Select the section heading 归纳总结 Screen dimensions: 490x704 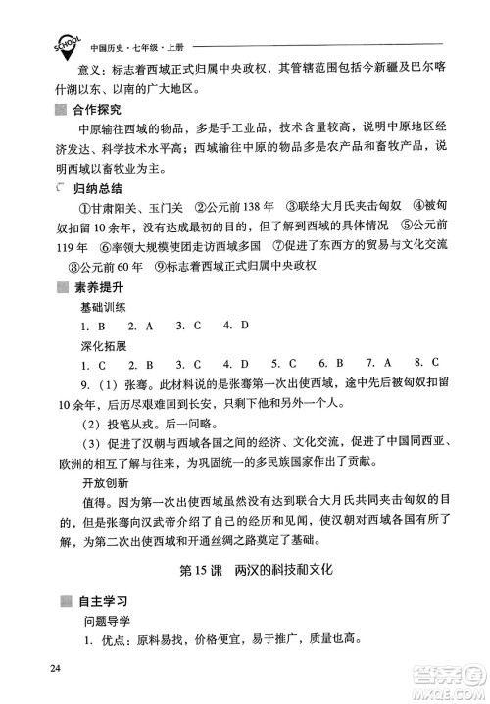pos(94,186)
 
